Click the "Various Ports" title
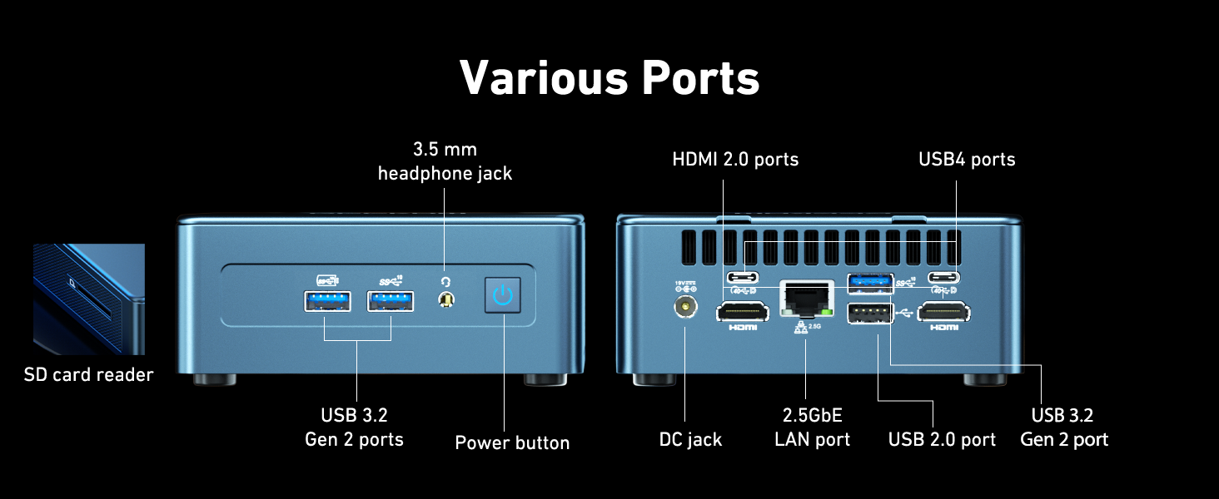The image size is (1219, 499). pos(609,77)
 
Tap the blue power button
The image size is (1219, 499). pos(503,295)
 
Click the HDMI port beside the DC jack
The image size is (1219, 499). pos(742,312)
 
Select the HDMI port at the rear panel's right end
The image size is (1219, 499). pos(944,312)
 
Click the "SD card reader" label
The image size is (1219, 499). pos(88,375)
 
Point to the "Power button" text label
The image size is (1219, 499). pos(512,442)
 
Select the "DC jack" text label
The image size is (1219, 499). pos(690,439)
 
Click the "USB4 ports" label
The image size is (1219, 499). pos(967,159)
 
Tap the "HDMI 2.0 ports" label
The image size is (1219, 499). pos(735,159)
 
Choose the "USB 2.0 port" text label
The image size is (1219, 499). pos(942,439)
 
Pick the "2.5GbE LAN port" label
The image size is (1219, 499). pos(812,427)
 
